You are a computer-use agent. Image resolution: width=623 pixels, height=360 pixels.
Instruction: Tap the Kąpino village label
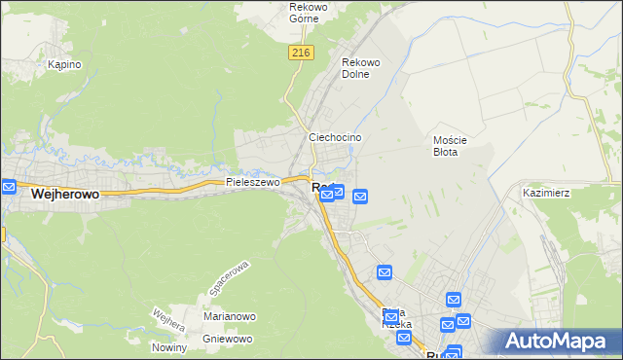click(64, 65)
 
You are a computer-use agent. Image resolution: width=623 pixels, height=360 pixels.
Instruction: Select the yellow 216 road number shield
click(299, 54)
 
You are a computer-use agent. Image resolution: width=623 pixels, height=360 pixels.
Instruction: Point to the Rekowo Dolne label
click(360, 68)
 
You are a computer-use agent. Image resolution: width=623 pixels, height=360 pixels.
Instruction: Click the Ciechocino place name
click(335, 138)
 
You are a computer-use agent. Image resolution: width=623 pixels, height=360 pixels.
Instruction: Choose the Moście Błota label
click(451, 146)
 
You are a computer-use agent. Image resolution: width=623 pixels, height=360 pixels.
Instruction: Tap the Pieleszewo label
click(252, 182)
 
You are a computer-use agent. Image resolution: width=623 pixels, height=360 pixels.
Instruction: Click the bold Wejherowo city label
click(65, 195)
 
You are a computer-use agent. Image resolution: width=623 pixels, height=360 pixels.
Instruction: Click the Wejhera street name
click(167, 318)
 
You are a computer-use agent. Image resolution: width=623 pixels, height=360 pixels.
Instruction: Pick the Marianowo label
click(229, 316)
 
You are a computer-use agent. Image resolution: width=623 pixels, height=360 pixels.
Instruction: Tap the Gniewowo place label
click(228, 339)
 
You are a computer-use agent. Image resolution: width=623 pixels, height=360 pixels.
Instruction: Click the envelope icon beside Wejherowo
click(9, 186)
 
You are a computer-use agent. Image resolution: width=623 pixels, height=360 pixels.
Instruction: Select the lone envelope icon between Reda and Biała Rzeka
click(385, 273)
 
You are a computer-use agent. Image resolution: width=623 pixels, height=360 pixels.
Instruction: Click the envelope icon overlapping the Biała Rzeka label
click(391, 313)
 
